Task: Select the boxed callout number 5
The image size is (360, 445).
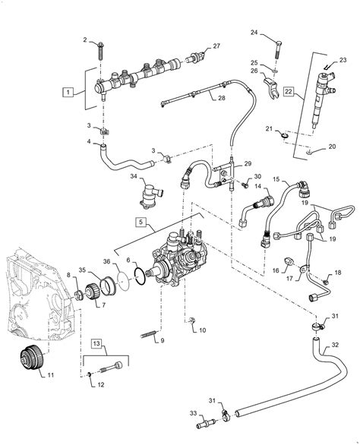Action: pyautogui.click(x=141, y=222)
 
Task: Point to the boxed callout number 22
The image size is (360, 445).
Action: pyautogui.click(x=287, y=92)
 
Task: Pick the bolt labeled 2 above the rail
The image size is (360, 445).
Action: pyautogui.click(x=101, y=52)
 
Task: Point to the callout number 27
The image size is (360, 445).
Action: pyautogui.click(x=216, y=46)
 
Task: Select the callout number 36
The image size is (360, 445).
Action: pyautogui.click(x=106, y=263)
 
